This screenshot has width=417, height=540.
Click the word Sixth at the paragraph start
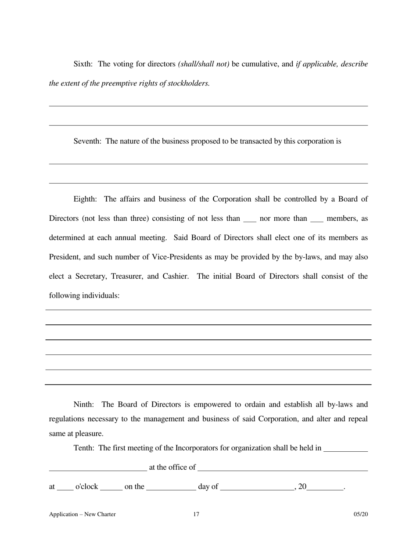(x=83, y=64)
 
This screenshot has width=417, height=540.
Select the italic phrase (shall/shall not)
(x=204, y=64)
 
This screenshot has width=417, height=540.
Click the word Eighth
(x=85, y=199)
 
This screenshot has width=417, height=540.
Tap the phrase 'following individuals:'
(x=84, y=296)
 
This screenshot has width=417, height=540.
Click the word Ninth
(x=83, y=405)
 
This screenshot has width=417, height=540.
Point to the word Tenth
(x=83, y=448)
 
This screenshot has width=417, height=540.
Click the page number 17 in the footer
(x=196, y=515)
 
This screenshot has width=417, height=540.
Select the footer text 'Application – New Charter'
(x=83, y=515)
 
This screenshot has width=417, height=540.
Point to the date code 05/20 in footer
(x=360, y=515)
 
